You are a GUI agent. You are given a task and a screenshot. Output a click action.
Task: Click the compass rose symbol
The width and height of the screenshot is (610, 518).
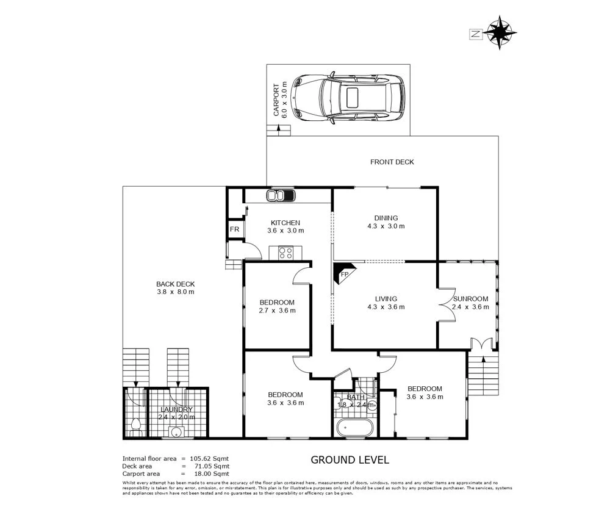(501, 32)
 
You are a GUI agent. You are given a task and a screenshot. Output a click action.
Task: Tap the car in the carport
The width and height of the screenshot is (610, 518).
(347, 98)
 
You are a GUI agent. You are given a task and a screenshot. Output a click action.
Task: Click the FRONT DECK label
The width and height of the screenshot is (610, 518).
(392, 162)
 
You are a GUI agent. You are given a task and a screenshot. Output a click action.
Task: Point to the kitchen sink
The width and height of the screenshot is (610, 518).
(281, 196)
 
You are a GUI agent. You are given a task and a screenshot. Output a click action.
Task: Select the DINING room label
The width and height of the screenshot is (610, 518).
(386, 218)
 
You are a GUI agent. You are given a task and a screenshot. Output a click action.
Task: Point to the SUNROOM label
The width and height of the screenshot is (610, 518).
(470, 298)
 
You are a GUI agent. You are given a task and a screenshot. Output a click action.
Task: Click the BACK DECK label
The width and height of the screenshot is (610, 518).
(175, 284)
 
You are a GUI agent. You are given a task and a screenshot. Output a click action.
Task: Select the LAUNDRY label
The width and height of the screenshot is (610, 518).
(176, 409)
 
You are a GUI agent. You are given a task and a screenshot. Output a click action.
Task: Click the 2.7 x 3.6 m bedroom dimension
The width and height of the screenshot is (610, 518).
(277, 311)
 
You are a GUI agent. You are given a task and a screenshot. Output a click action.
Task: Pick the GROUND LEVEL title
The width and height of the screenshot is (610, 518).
(350, 460)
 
